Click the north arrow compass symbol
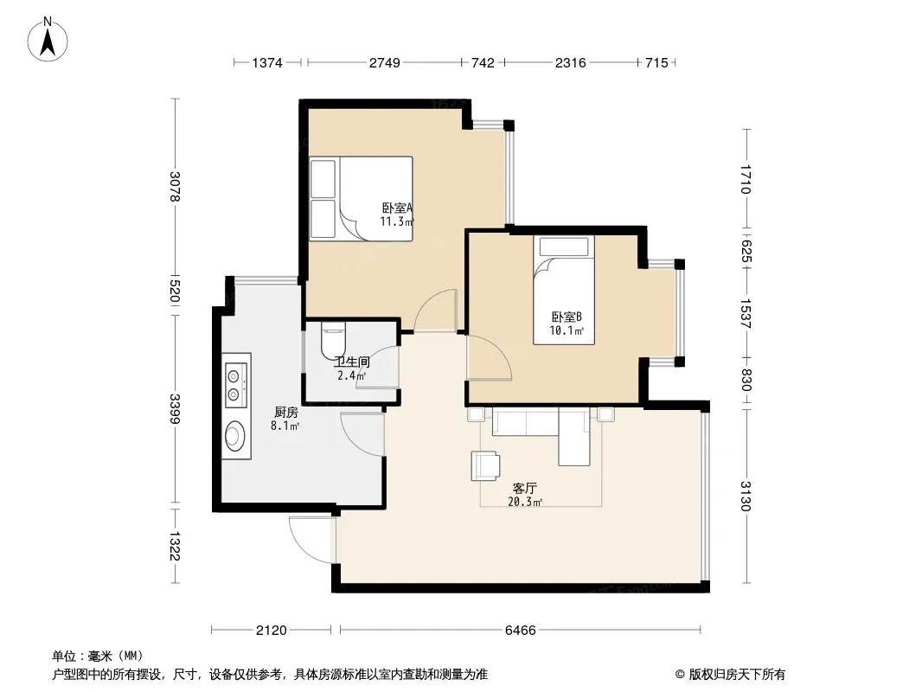48,40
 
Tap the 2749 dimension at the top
385,63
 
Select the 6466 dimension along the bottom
521,631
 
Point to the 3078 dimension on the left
175,186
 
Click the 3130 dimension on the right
746,497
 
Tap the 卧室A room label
398,208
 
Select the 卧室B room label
567,317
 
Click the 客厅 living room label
524,489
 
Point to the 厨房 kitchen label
285,413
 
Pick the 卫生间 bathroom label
352,362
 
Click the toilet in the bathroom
333,340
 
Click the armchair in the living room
485,465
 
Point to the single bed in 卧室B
564,290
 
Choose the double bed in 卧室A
361,199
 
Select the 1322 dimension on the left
175,546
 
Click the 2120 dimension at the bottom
271,631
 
